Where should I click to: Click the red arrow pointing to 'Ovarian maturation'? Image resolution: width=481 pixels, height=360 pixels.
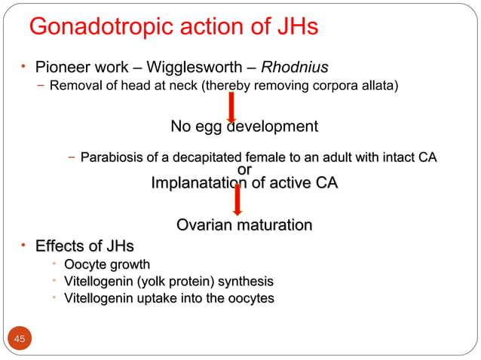point(237,200)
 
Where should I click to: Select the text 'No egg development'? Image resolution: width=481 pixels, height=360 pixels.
point(244,127)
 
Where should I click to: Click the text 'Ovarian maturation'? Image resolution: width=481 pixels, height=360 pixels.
point(244,225)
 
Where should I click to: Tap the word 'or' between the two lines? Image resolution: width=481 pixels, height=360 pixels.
point(244,170)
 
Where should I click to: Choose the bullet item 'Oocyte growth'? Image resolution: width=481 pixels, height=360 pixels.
point(106,265)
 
